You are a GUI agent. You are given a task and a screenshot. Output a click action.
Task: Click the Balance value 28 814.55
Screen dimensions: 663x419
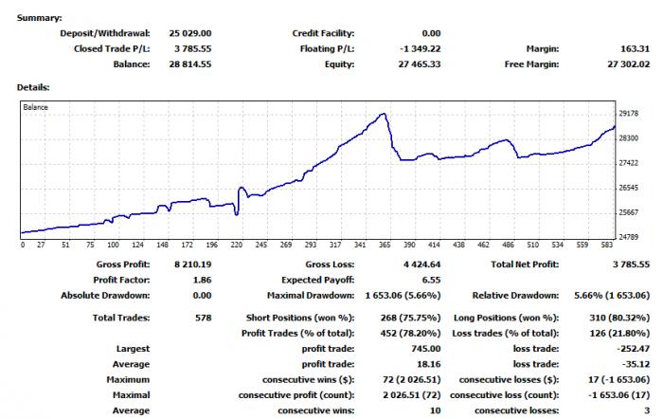189,64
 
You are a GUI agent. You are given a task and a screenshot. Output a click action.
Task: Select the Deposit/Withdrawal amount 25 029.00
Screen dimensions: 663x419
189,33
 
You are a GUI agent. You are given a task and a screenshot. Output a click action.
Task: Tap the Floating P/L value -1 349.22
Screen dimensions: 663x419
420,48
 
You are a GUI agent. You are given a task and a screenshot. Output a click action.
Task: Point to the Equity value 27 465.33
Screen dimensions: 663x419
419,64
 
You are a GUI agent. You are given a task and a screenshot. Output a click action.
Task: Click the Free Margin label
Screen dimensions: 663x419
531,64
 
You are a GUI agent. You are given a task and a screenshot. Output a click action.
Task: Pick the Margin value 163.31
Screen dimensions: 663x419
635,48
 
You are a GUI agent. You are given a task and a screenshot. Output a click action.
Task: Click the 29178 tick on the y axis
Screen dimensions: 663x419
628,114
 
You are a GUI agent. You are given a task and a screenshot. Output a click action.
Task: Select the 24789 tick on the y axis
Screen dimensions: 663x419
628,237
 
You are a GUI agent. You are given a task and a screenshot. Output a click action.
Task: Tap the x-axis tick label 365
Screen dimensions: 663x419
385,245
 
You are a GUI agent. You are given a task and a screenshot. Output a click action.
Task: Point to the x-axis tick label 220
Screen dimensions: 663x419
237,245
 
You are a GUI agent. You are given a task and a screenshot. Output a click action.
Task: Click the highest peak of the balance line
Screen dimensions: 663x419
384,114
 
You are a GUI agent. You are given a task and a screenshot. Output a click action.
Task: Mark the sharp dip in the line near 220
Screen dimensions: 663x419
237,214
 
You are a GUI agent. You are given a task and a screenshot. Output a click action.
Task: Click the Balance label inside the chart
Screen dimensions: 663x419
36,107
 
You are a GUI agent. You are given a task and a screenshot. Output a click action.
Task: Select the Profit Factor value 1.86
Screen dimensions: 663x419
202,280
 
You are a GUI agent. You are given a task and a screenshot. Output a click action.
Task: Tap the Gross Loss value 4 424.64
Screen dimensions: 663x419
421,264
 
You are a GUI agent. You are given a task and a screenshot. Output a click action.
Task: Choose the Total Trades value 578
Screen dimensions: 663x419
203,318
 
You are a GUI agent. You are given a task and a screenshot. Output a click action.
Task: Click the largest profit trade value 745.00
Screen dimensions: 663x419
426,349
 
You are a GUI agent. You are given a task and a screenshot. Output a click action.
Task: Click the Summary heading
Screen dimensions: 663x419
40,18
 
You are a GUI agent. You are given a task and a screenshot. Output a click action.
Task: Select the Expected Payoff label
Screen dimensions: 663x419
318,280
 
